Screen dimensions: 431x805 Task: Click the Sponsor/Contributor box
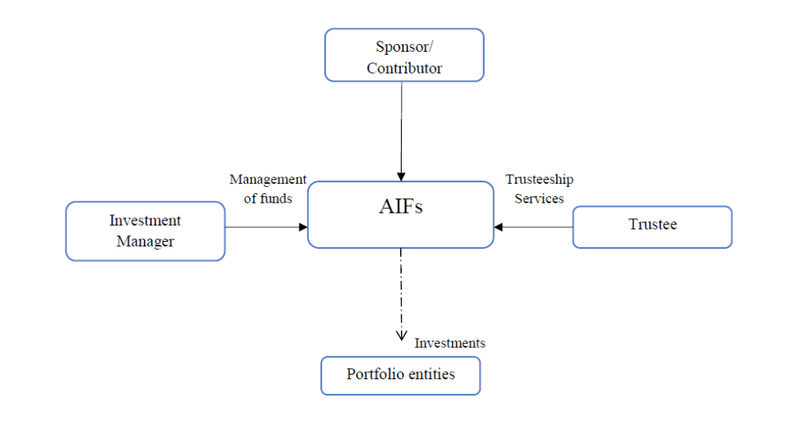pyautogui.click(x=404, y=55)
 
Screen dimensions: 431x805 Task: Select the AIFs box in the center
pyautogui.click(x=400, y=214)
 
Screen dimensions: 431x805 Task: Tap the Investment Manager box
pyautogui.click(x=145, y=231)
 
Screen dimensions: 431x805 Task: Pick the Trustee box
pyautogui.click(x=652, y=226)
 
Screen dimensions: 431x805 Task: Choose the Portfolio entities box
pyautogui.click(x=400, y=375)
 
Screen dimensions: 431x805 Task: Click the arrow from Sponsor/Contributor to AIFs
pyautogui.click(x=401, y=130)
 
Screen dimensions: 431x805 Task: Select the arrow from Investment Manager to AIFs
pyautogui.click(x=266, y=227)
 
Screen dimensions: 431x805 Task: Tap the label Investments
pyautogui.click(x=450, y=343)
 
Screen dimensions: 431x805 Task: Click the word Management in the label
pyautogui.click(x=267, y=180)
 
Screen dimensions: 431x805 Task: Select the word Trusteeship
pyautogui.click(x=539, y=180)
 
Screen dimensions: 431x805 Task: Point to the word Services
pyautogui.click(x=539, y=199)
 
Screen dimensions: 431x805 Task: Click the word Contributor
pyautogui.click(x=404, y=68)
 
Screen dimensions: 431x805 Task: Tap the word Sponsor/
pyautogui.click(x=404, y=46)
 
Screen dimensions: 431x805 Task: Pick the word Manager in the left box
pyautogui.click(x=145, y=242)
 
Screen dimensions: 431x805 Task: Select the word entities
pyautogui.click(x=430, y=374)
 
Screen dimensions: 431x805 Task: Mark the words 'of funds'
pyautogui.click(x=267, y=199)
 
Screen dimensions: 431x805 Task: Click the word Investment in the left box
pyautogui.click(x=145, y=221)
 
